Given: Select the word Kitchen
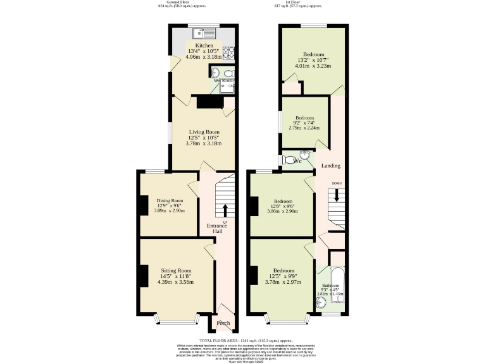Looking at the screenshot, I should click(x=204, y=46).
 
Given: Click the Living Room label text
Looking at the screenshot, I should click(x=204, y=131).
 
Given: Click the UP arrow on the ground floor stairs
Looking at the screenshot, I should click(x=225, y=210).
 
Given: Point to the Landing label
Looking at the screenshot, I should click(x=331, y=166).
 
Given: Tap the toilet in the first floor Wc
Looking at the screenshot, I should click(x=291, y=159).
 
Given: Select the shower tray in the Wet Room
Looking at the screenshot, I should click(x=227, y=88).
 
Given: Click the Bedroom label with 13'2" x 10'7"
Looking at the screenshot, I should click(x=315, y=53).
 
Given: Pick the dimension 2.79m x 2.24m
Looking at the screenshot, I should click(x=305, y=128).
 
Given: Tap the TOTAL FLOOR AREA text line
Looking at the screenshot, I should click(x=242, y=341).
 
